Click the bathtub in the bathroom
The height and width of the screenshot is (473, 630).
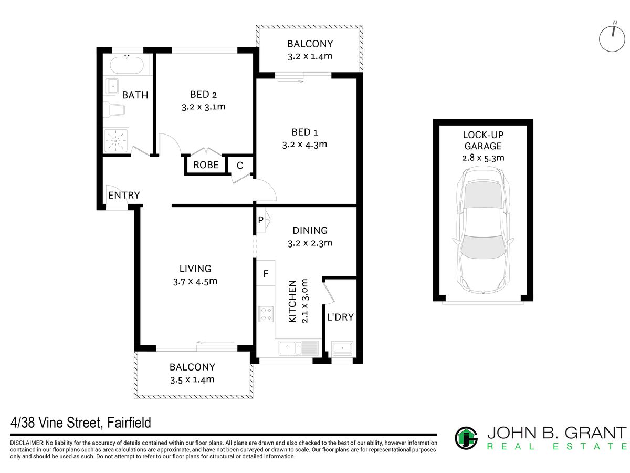127,65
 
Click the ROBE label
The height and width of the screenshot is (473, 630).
206,165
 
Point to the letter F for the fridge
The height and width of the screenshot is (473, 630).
266,274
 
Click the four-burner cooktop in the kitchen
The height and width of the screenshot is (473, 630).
266,314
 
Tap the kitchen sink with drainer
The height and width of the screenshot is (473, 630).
299,347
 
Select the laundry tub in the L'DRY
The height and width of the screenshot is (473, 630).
342,348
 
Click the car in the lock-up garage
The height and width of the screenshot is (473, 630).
483,231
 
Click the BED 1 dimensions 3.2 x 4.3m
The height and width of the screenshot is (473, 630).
304,145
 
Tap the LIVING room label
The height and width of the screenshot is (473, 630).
195,269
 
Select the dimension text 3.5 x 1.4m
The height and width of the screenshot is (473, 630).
192,379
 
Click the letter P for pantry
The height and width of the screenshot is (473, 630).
260,220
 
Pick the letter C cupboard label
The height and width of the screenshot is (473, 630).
240,166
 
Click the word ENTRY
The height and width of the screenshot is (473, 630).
124,196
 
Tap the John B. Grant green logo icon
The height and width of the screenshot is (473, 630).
466,438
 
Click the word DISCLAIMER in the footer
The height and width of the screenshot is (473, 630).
27,443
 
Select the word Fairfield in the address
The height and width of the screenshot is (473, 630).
129,423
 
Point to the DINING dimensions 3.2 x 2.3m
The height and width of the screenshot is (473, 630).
310,243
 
